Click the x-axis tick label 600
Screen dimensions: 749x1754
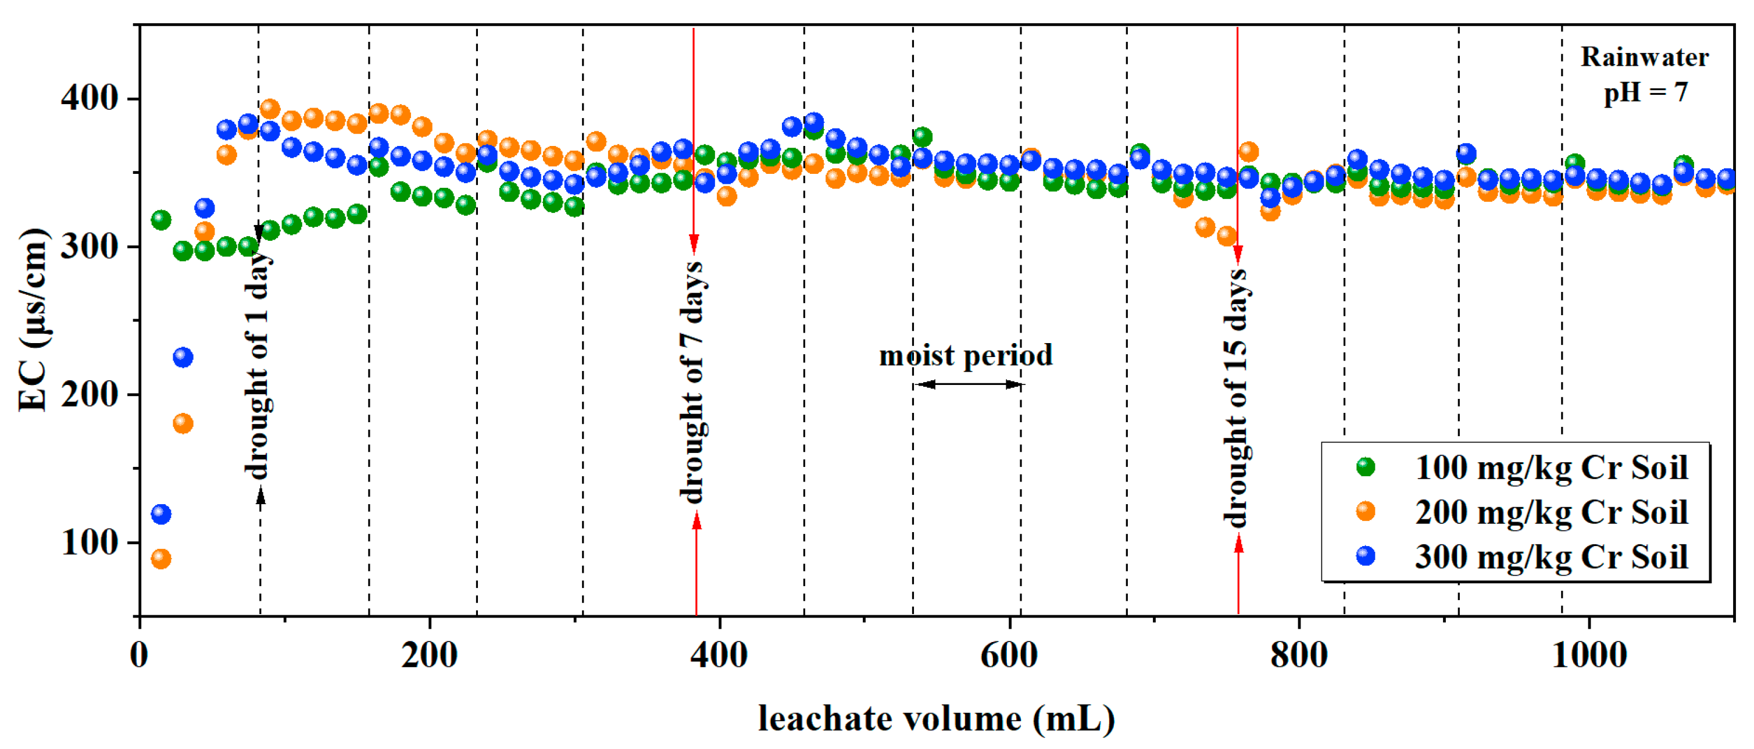coord(1009,655)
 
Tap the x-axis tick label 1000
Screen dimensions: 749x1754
coord(1588,655)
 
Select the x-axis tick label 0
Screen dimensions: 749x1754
coord(139,655)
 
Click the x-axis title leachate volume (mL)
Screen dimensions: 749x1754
coord(936,719)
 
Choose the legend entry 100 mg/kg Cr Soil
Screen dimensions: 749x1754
coord(1551,468)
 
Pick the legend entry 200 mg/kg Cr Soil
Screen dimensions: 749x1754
coord(1551,512)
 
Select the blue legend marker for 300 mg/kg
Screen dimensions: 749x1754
coord(1365,557)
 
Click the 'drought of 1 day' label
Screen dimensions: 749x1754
coord(258,364)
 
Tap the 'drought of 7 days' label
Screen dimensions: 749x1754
coord(692,381)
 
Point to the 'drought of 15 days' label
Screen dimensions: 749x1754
coord(1234,398)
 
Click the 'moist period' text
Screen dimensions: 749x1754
coord(966,355)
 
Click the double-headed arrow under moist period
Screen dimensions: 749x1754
coord(967,385)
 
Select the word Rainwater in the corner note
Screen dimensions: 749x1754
coord(1644,57)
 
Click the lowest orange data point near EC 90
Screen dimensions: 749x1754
coord(160,559)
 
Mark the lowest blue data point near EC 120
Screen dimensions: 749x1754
coord(160,513)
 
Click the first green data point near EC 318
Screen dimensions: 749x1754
coord(160,220)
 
